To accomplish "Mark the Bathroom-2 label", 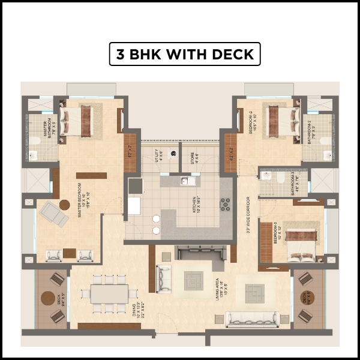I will pos(311,130).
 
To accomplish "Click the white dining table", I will pos(109,293).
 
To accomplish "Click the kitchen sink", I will pos(185,180).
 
